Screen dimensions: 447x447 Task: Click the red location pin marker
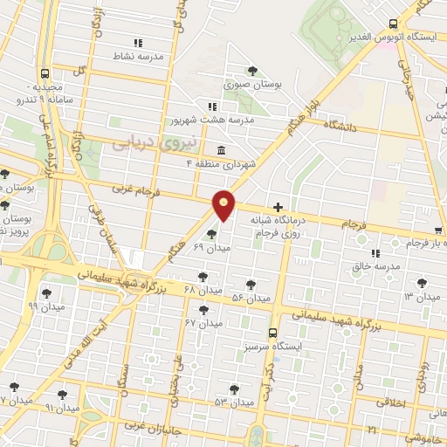tap(224, 204)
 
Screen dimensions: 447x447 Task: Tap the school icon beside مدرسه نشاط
tap(137, 42)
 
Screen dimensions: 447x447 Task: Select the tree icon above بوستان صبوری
tap(253, 71)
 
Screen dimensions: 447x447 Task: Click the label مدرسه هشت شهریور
tap(241, 119)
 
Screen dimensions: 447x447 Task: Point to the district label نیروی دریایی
tap(146, 141)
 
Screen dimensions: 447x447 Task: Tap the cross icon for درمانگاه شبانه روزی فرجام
tap(278, 208)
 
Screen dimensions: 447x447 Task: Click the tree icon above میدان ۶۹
tap(210, 234)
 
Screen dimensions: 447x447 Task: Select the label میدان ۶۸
tap(202, 289)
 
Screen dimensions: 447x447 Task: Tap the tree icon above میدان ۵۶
tap(251, 285)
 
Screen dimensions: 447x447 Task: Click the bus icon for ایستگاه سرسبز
tap(273, 333)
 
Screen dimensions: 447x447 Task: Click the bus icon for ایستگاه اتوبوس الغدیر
tap(394, 24)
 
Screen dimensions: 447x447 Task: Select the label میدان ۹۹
tap(39, 306)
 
